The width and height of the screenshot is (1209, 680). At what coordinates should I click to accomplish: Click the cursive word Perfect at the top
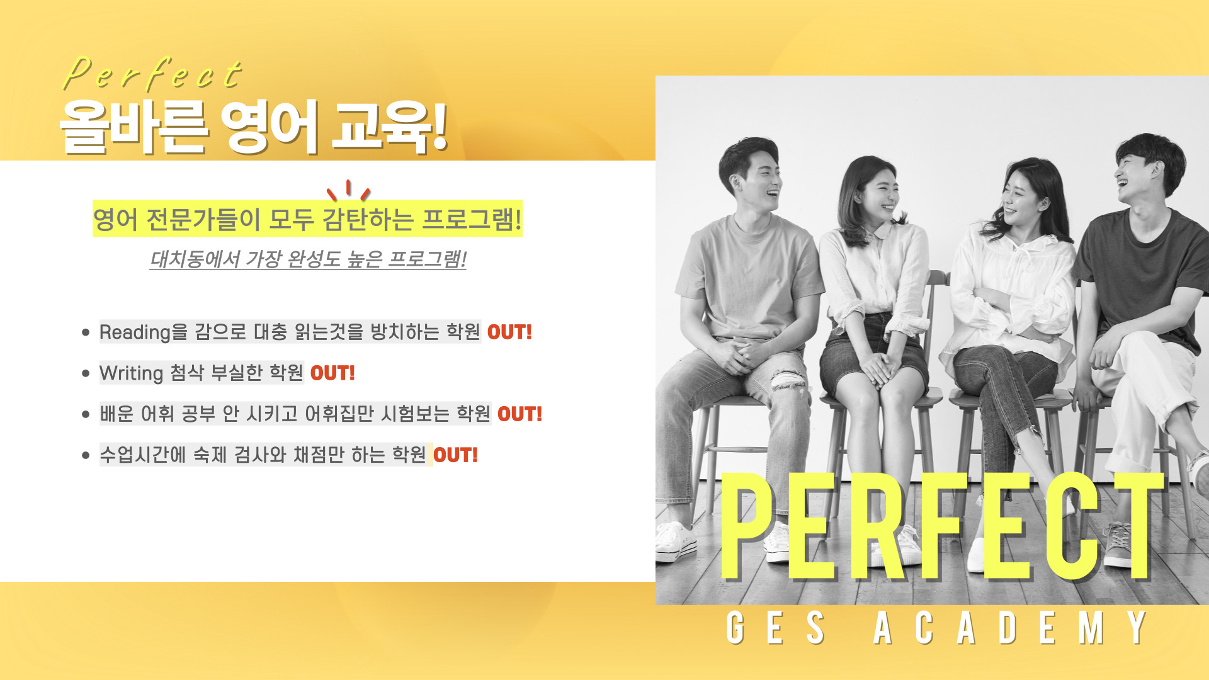coord(153,73)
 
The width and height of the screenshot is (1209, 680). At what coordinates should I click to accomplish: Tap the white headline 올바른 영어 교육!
coord(254,127)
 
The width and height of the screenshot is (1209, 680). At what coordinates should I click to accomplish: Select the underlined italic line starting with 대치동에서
coord(308,259)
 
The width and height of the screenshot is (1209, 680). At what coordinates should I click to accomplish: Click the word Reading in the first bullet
coord(135,332)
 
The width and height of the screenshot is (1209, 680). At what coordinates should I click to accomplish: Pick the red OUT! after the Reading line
coord(509,332)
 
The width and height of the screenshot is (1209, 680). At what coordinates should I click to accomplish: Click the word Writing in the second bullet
coord(131,373)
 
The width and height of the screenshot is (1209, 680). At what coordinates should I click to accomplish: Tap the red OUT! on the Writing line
coord(332,373)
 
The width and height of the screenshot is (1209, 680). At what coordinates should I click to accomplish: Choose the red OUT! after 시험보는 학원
coord(519,414)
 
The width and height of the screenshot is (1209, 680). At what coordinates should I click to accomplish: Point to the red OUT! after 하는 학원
coord(455,455)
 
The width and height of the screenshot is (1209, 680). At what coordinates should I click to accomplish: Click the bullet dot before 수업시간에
coord(86,455)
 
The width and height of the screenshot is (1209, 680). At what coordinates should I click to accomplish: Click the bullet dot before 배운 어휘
coord(86,414)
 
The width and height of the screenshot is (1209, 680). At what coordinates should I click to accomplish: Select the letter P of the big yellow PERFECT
coord(748,526)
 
